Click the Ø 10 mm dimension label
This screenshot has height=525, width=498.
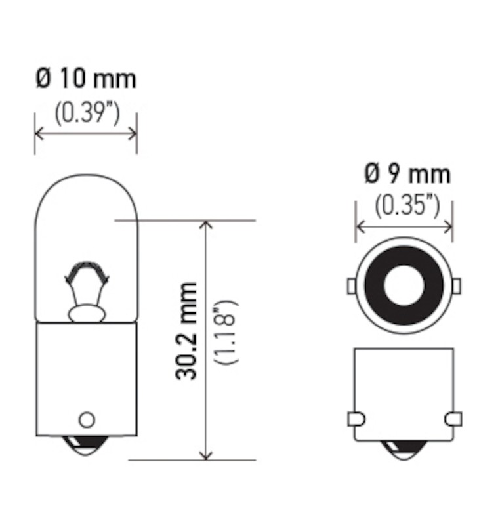[85, 79]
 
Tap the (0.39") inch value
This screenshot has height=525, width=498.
[86, 113]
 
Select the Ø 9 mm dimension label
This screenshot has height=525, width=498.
[407, 174]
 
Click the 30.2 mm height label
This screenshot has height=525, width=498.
[187, 331]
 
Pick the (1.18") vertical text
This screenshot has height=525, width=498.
[227, 333]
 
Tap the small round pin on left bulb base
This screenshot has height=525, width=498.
[87, 419]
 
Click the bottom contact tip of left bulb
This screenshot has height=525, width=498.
[87, 448]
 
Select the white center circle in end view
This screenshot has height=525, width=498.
[404, 285]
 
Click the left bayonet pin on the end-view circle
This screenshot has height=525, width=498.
[351, 285]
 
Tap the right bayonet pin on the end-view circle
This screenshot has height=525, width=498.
[457, 285]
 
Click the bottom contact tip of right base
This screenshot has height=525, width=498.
[404, 450]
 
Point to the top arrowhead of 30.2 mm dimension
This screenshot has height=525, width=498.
[207, 224]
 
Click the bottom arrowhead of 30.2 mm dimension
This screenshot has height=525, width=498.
[207, 455]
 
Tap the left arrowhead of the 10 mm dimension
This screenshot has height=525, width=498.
[38, 133]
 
